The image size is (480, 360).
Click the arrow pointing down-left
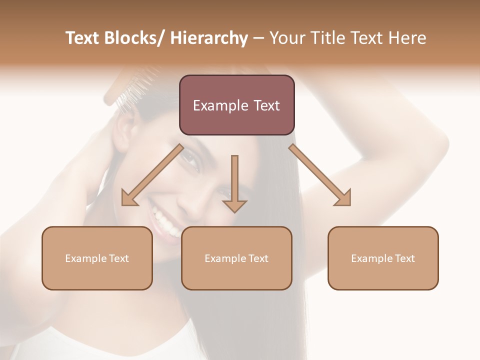(x=151, y=175)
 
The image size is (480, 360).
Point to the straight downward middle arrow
(x=234, y=183)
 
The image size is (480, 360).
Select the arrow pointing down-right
(x=320, y=175)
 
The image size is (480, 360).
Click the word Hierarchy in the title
(x=209, y=38)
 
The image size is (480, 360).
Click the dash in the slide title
(x=258, y=38)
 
